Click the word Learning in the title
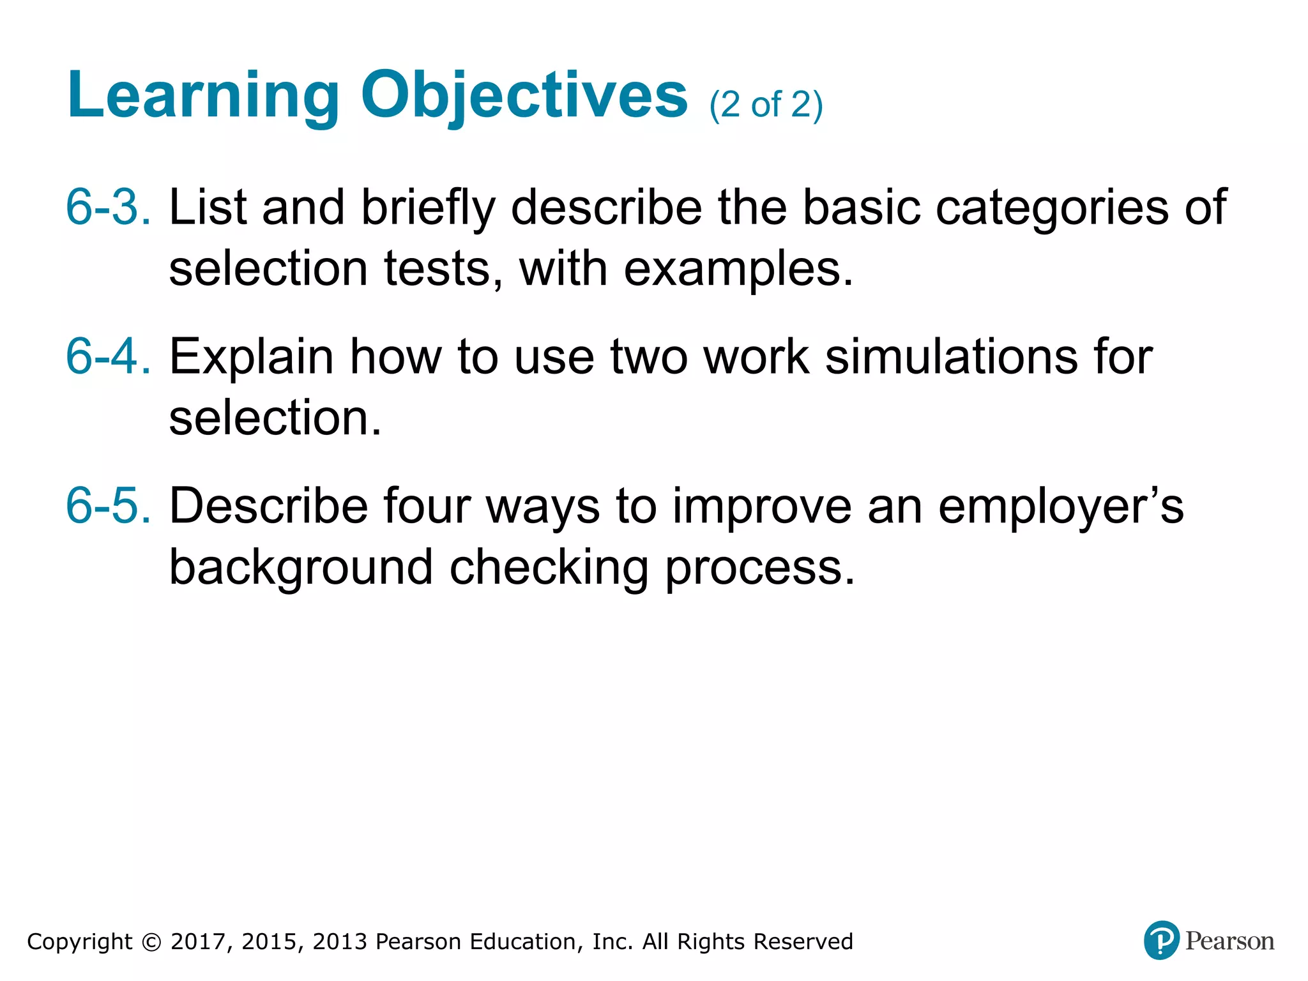click(202, 96)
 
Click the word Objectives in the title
click(524, 96)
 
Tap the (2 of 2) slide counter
click(766, 105)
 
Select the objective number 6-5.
click(109, 505)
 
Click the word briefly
click(429, 208)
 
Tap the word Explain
click(251, 357)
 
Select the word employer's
click(1061, 506)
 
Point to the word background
click(301, 567)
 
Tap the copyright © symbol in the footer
click(151, 942)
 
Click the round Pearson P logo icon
click(1161, 940)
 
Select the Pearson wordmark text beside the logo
click(1229, 941)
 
